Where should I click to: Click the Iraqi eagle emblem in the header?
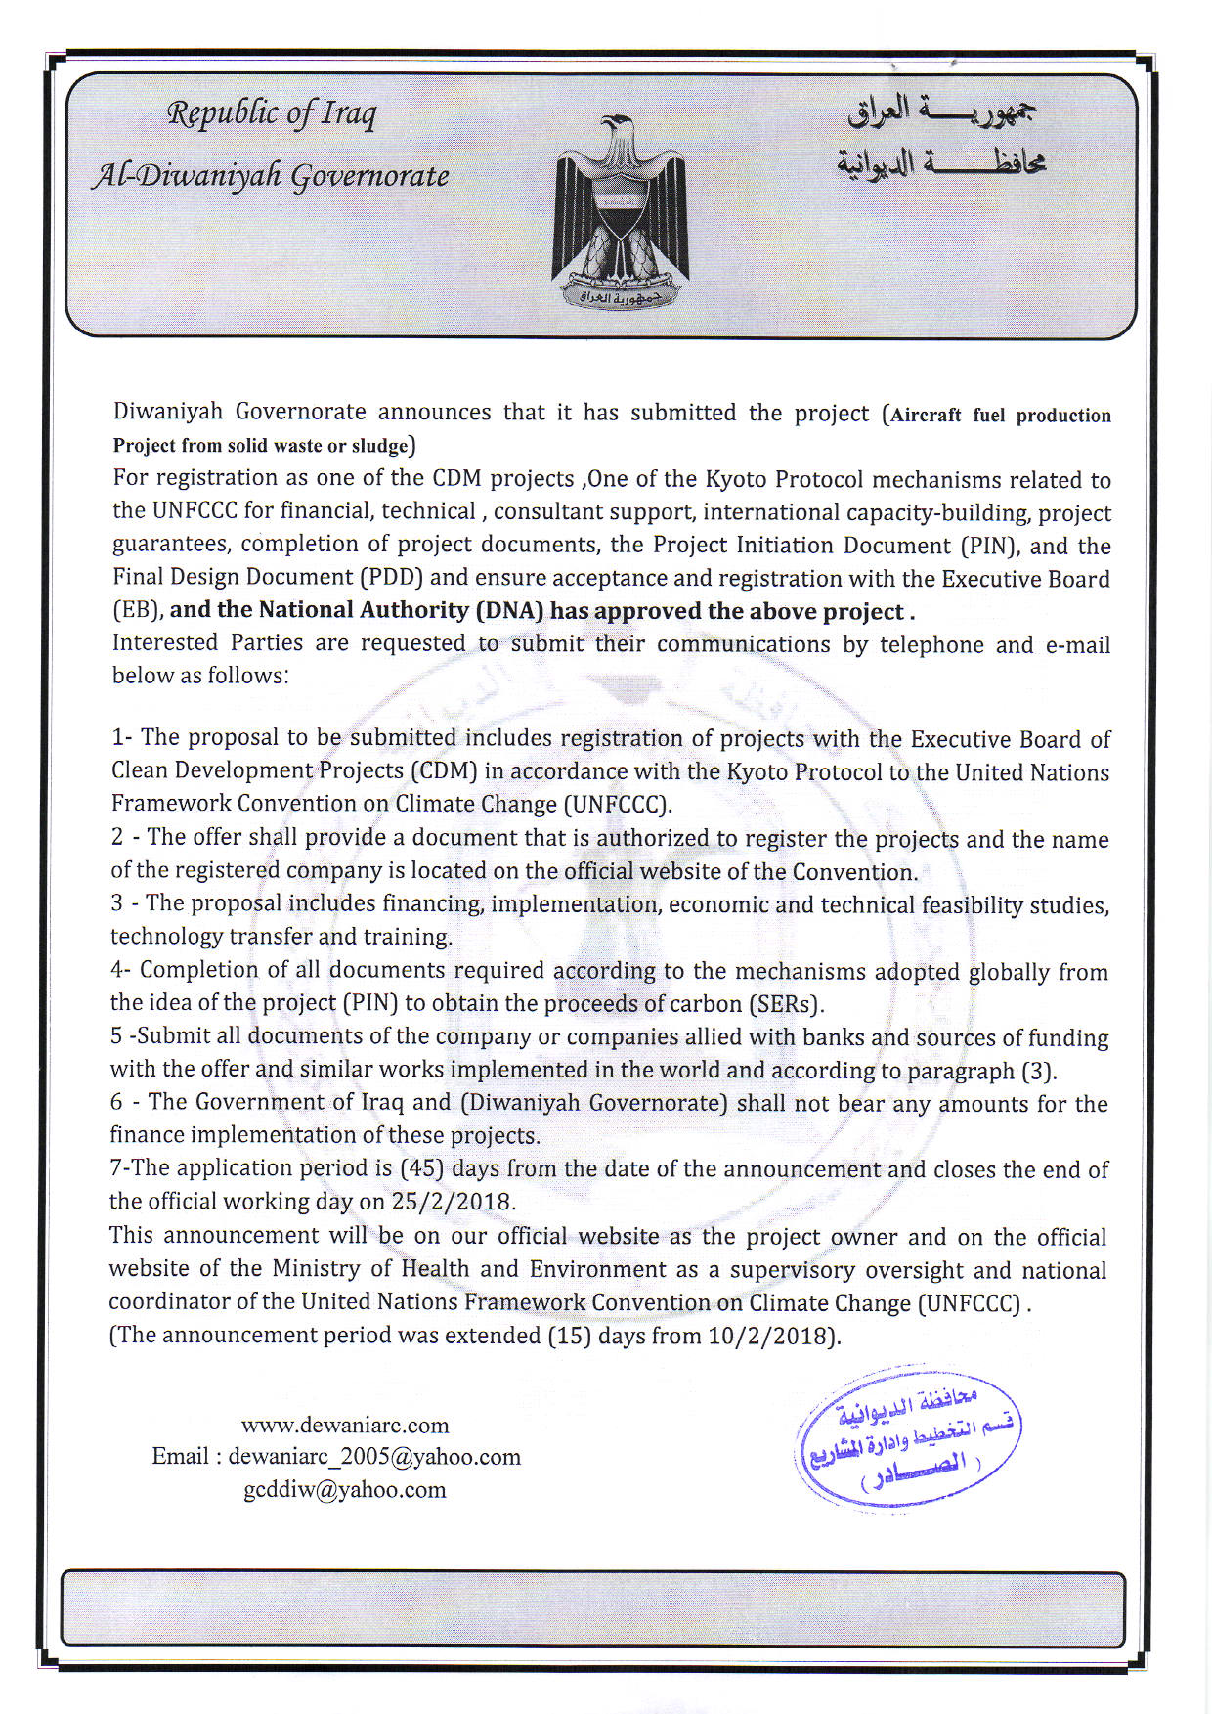click(x=620, y=210)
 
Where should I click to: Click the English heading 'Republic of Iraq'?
click(x=272, y=114)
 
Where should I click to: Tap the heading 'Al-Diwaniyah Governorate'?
click(x=271, y=176)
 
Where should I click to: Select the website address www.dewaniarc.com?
click(x=345, y=1425)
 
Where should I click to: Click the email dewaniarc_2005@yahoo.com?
click(x=374, y=1457)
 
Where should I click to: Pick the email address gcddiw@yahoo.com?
click(x=345, y=1489)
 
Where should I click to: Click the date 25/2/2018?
click(x=453, y=1201)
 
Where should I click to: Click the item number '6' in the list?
click(x=116, y=1103)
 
